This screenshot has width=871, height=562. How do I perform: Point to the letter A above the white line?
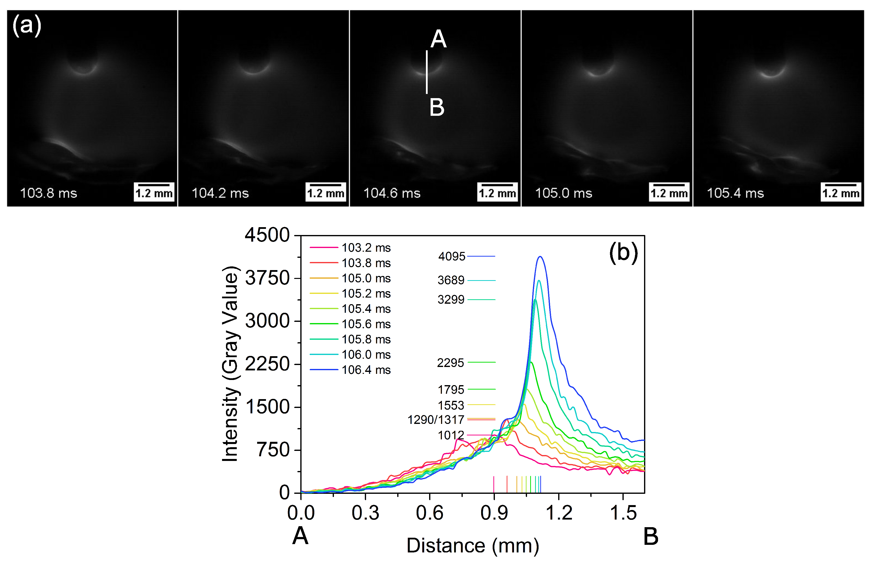pos(438,39)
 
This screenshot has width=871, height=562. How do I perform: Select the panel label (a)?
pos(27,26)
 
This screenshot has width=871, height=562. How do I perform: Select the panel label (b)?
pos(623,252)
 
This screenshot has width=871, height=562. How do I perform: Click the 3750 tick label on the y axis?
pos(267,278)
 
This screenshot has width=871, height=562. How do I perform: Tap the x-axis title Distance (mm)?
pos(473,546)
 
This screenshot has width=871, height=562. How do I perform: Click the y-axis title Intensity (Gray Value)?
pos(230,364)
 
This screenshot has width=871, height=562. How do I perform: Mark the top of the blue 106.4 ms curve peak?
pos(541,257)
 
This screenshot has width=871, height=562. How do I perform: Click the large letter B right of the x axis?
pos(651,536)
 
